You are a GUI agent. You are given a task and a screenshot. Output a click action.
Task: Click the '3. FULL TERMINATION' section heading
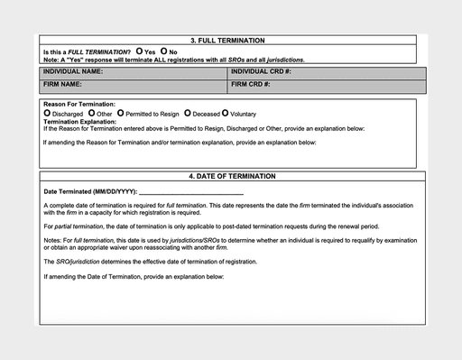(x=227, y=41)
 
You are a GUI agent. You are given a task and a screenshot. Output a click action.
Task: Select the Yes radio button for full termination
(x=140, y=51)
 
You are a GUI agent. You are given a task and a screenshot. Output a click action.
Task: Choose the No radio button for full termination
(x=163, y=51)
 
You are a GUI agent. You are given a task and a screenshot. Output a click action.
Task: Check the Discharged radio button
(x=47, y=114)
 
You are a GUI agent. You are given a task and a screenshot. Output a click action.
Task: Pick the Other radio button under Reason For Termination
(x=91, y=114)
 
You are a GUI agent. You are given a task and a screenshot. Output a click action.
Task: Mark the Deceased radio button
(x=188, y=114)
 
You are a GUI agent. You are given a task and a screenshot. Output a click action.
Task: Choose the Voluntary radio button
(x=226, y=114)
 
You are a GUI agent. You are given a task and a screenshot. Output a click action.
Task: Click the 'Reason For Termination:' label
(x=79, y=105)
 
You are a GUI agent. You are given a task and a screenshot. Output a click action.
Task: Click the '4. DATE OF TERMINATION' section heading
(x=232, y=176)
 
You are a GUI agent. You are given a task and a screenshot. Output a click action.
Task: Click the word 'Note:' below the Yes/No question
(x=51, y=60)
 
